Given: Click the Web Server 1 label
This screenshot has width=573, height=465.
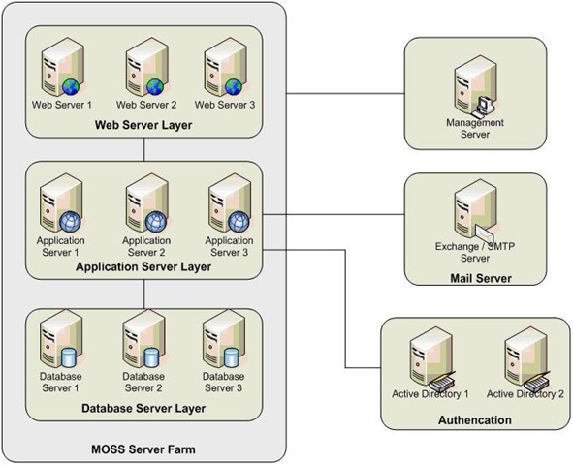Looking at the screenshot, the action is point(62,105).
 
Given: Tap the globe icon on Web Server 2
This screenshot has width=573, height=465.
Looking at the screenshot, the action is point(155,87).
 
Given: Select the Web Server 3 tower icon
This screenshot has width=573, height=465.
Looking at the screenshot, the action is point(226,67).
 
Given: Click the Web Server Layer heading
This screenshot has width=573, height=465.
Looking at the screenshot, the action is point(143,125).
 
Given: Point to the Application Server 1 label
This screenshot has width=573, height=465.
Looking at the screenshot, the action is point(61,246).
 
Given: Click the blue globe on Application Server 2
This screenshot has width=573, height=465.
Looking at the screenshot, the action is point(156,222).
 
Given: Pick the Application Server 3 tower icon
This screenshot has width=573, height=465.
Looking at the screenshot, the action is point(230,202).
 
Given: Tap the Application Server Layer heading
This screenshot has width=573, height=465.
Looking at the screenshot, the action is point(143,266).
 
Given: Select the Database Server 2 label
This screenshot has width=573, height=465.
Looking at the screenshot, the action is point(143,382).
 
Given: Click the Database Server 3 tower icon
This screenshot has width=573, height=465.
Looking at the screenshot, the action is point(224,339).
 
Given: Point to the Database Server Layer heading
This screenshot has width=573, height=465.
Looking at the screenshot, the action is point(143,408).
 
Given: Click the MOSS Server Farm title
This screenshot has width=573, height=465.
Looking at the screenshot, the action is point(143,449).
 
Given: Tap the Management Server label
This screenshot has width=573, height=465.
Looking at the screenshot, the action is point(475,128).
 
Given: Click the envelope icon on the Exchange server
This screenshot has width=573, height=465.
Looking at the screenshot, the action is point(485,233).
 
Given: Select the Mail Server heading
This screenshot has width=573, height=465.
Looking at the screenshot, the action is point(481,278).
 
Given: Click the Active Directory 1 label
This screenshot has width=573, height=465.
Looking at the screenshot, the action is point(430,394).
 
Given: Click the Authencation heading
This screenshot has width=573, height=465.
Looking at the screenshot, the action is point(475,420).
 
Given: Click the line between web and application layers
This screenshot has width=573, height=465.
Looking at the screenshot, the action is point(144,149).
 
